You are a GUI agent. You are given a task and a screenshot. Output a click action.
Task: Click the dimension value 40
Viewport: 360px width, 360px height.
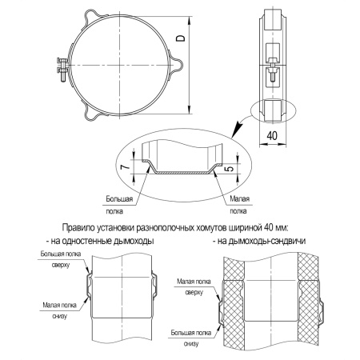(273, 137)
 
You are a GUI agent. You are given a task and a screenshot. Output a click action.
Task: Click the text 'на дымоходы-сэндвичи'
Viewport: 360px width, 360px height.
(261, 240)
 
